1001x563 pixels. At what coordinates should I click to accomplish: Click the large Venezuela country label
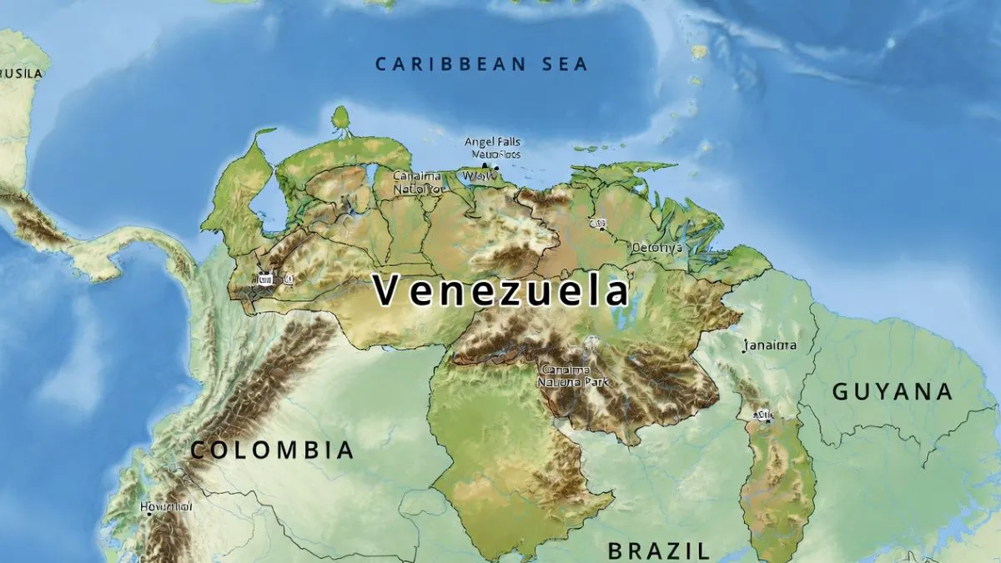coord(500,291)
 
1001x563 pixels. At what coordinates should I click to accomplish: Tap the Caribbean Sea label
coord(481,64)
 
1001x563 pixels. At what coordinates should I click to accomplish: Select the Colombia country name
coord(272,450)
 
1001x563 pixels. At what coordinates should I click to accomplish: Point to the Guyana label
coord(893,391)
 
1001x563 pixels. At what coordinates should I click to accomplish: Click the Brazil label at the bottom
coord(658,550)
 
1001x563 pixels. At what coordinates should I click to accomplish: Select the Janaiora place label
coord(770,344)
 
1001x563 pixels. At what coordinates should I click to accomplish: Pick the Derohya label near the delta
coord(656,248)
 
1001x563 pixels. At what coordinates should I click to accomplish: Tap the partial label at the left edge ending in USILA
coord(20,73)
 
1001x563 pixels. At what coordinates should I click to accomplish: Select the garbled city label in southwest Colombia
coord(166,506)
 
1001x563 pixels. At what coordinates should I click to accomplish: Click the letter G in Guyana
coord(842,391)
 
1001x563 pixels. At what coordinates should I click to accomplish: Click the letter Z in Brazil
coord(680,550)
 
